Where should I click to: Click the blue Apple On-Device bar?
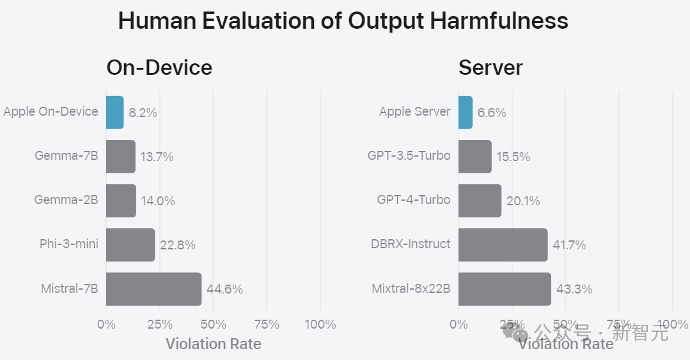tap(114, 112)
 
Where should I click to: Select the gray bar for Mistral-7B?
tap(153, 289)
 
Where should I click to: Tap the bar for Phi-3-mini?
tap(130, 245)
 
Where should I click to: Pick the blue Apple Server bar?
tap(466, 112)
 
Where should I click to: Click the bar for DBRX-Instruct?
tap(503, 245)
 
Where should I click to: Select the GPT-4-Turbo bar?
tap(480, 201)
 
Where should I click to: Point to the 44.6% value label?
tap(224, 289)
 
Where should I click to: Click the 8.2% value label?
tap(143, 113)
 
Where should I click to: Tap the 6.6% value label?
tap(492, 113)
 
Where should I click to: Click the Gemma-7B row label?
tap(67, 155)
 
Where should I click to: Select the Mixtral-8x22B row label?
tap(411, 288)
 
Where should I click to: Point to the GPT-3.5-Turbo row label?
tap(409, 155)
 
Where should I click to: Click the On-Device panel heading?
tap(159, 67)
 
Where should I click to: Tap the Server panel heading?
tap(490, 67)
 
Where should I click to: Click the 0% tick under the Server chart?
tap(459, 324)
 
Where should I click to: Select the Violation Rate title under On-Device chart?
tap(214, 344)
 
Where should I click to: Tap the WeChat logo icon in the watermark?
tap(515, 333)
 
